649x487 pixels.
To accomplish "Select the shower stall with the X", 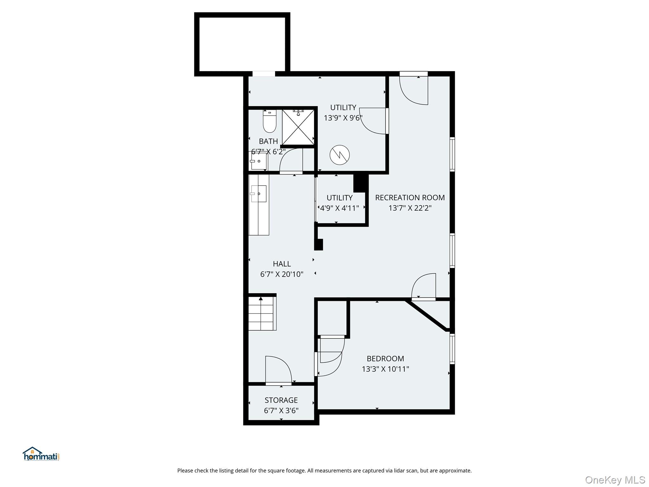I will point(298,127).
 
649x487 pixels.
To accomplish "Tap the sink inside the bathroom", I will point(259,161).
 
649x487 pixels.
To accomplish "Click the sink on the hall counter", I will point(258,194).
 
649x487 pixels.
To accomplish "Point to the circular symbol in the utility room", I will point(339,155).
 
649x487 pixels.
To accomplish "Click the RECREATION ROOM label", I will point(410,198).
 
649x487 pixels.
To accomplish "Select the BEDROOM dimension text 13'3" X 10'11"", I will point(385,369).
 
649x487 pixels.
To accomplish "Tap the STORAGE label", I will point(281,400).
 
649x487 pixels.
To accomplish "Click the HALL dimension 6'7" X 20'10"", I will point(282,274).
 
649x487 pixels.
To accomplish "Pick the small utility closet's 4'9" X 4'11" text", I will point(339,208).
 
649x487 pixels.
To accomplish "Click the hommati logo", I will point(41,454).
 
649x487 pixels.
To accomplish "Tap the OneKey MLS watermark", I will point(615,480).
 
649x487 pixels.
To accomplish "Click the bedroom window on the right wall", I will point(452,349).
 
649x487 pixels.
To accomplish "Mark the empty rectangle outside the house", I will point(242,44).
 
